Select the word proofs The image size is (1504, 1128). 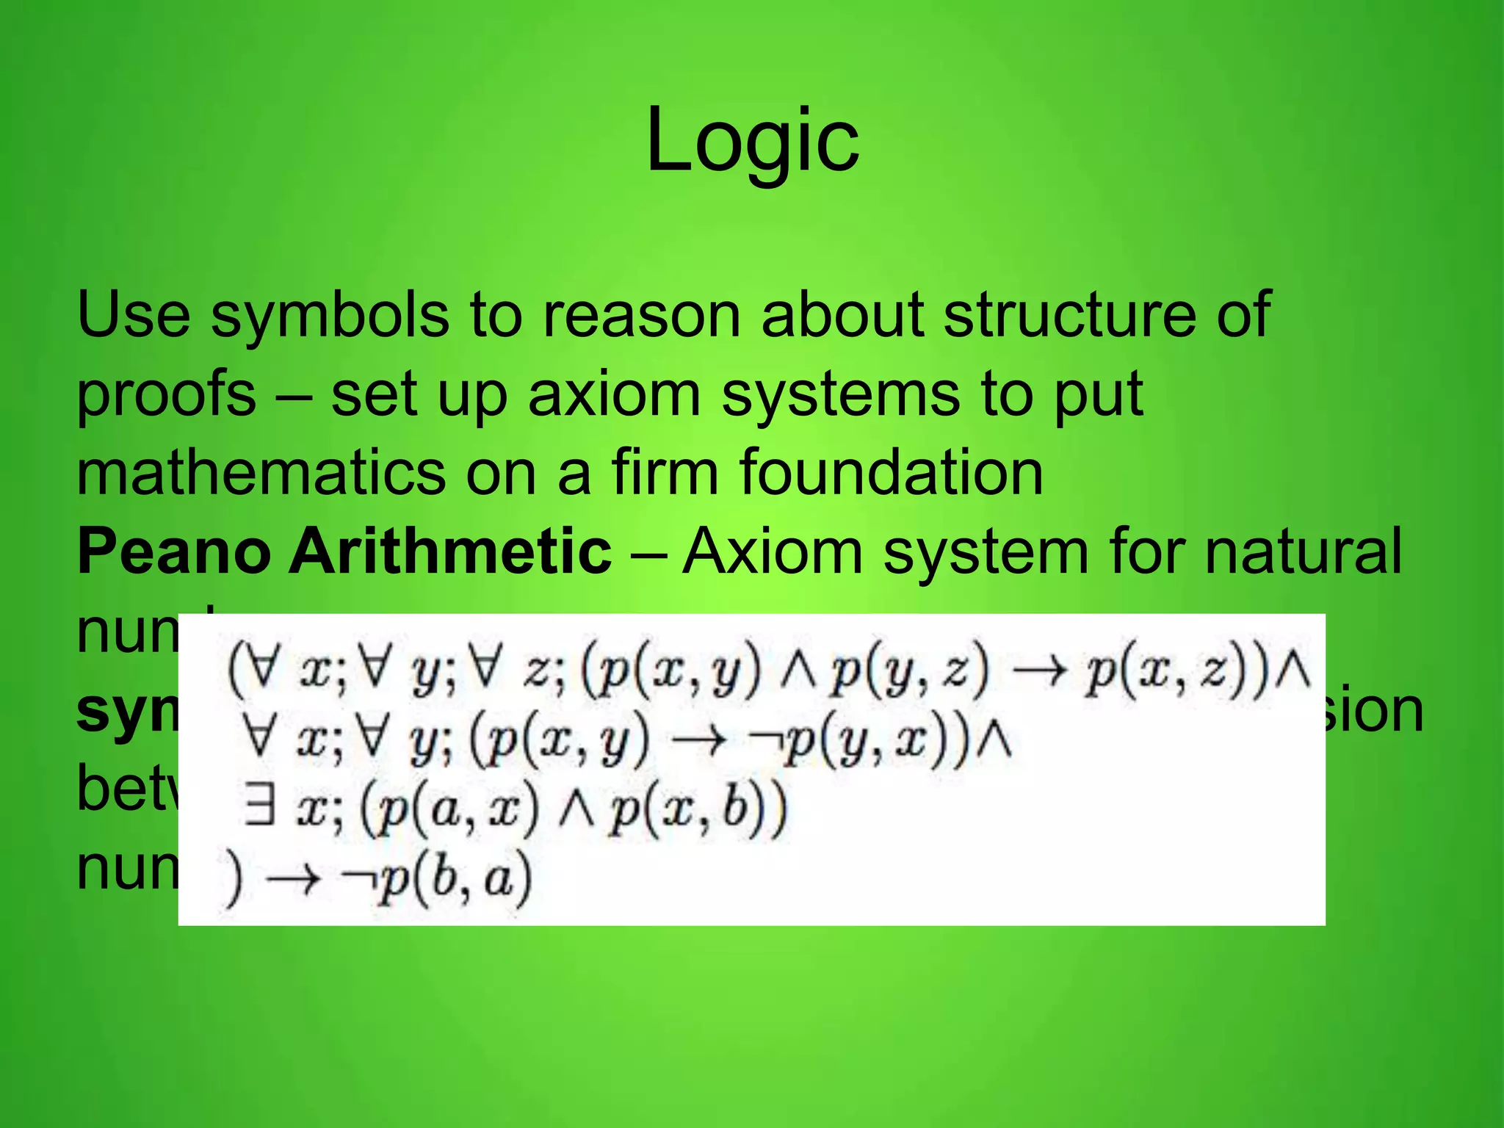167,395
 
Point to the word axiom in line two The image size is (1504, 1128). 614,394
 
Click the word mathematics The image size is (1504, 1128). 261,473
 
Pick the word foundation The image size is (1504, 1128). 891,473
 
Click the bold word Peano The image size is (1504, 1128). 174,552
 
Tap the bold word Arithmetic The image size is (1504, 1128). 450,552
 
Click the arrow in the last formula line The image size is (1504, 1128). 293,878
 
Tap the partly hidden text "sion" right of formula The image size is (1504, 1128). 1373,711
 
